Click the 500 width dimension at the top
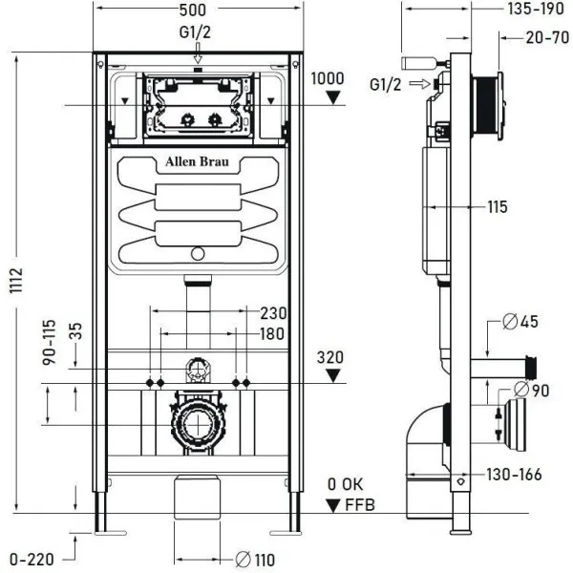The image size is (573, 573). pyautogui.click(x=197, y=11)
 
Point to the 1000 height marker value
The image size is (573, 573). pyautogui.click(x=329, y=76)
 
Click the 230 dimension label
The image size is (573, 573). pyautogui.click(x=273, y=312)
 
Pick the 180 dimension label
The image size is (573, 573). pyautogui.click(x=273, y=333)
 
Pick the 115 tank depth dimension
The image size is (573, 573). pyautogui.click(x=496, y=206)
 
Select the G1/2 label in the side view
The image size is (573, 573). pyautogui.click(x=386, y=83)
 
